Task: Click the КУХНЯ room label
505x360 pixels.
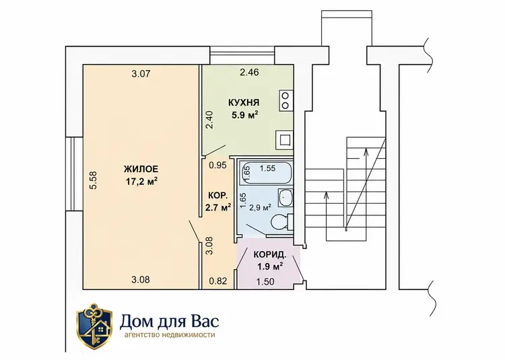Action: tap(244, 103)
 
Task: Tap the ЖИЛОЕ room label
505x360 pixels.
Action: tap(141, 169)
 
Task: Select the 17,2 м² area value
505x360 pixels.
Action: tap(141, 182)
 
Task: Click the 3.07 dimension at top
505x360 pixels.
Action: tap(141, 74)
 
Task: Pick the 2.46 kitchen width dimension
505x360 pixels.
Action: tap(249, 73)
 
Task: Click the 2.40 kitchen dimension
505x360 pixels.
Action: tap(209, 120)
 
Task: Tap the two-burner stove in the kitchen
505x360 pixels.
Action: tap(285, 101)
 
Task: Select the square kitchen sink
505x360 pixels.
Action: tap(284, 140)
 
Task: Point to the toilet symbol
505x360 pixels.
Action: tap(282, 221)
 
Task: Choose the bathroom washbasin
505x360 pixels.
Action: tap(285, 197)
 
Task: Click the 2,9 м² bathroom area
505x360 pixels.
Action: tap(260, 208)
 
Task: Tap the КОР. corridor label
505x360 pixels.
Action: tap(218, 195)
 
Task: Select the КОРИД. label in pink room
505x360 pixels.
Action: tap(270, 256)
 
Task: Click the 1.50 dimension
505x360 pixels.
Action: tap(265, 282)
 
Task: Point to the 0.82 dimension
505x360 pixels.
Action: tap(218, 281)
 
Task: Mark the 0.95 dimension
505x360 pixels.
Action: tap(218, 166)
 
